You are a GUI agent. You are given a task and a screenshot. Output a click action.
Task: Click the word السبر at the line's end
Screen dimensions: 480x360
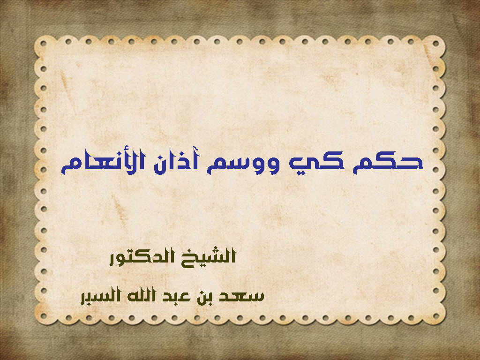pyautogui.click(x=101, y=296)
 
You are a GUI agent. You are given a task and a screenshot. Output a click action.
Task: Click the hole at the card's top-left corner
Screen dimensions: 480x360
pyautogui.click(x=44, y=44)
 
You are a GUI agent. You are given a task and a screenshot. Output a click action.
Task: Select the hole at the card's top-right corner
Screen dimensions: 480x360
pyautogui.click(x=436, y=44)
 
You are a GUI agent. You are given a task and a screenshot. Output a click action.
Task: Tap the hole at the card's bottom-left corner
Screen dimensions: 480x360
pyautogui.click(x=44, y=316)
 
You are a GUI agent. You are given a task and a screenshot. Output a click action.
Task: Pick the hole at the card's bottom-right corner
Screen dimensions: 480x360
pyautogui.click(x=436, y=316)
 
